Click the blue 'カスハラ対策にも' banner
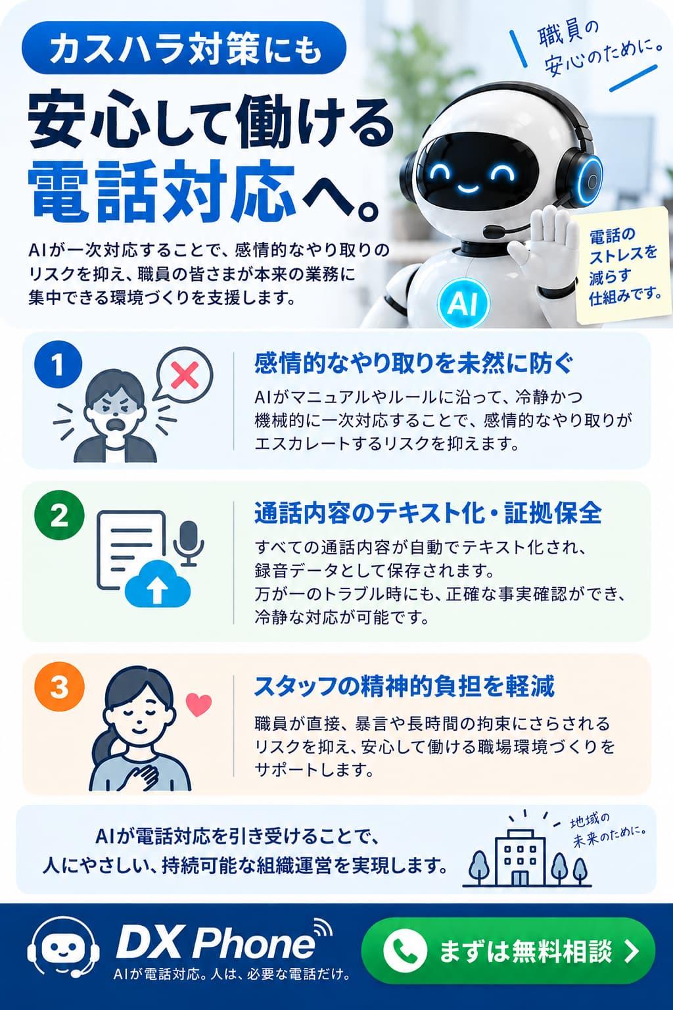[x=184, y=48]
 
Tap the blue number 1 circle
[x=58, y=366]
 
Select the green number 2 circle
[x=59, y=516]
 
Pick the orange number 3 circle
[x=59, y=687]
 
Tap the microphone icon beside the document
[x=189, y=543]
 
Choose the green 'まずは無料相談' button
[x=507, y=951]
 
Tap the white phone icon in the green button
[x=405, y=950]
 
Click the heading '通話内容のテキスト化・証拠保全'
[x=428, y=513]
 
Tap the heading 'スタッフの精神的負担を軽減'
[x=404, y=685]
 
